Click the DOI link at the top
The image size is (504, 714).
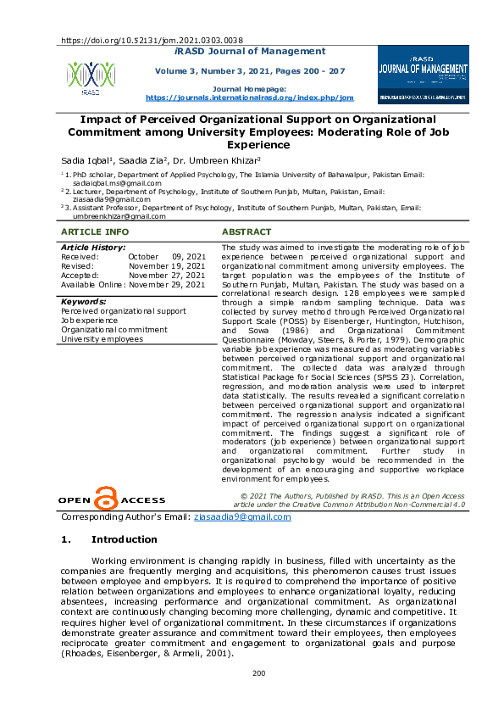click(x=152, y=40)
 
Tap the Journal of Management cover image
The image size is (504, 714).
click(x=423, y=74)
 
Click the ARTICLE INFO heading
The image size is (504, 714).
click(x=95, y=231)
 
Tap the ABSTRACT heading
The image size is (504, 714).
click(x=246, y=231)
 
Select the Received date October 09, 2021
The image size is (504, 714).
click(x=166, y=256)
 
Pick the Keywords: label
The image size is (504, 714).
click(x=83, y=301)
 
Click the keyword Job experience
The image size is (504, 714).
click(x=88, y=321)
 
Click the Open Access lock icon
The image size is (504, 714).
click(x=105, y=498)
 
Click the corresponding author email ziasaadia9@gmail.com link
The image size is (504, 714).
click(x=242, y=516)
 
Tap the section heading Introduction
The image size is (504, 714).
click(x=124, y=539)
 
